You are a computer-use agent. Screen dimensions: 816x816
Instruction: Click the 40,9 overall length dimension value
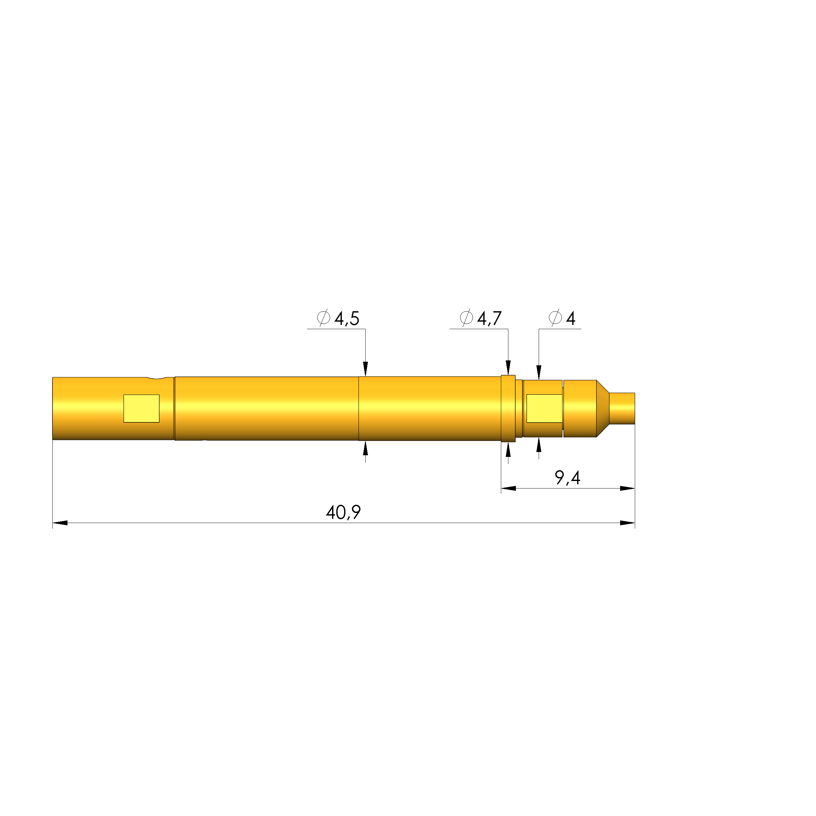[343, 512]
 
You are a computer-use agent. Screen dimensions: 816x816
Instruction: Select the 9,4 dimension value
[567, 478]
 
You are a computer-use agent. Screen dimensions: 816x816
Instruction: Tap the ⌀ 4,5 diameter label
[338, 318]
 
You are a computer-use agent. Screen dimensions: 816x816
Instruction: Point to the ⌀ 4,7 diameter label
[481, 318]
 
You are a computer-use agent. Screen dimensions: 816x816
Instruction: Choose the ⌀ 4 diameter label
[562, 318]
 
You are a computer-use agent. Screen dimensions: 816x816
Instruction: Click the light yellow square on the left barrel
[141, 408]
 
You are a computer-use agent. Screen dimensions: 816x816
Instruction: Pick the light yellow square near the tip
[544, 408]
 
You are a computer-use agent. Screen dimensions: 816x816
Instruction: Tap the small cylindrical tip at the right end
[622, 408]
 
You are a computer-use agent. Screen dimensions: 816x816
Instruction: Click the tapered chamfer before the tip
[603, 408]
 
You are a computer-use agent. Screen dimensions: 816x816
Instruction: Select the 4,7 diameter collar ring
[508, 408]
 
